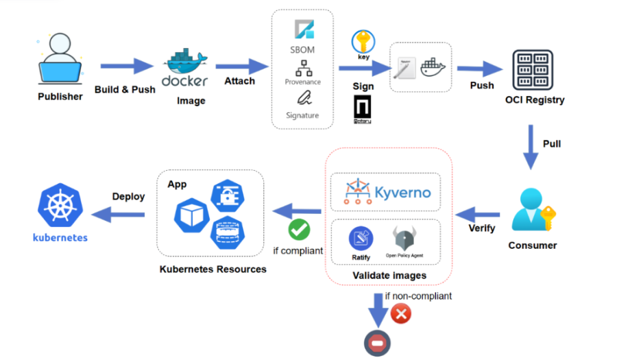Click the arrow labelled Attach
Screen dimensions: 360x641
pyautogui.click(x=242, y=67)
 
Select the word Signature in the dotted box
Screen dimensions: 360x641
pyautogui.click(x=302, y=115)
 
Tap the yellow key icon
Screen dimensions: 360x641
pyautogui.click(x=363, y=43)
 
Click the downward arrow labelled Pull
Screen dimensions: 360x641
pyautogui.click(x=530, y=146)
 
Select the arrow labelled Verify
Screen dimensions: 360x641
pyautogui.click(x=481, y=213)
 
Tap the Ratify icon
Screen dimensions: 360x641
pyautogui.click(x=361, y=239)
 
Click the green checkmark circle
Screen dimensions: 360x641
pyautogui.click(x=299, y=229)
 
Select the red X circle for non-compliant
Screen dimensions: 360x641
pyautogui.click(x=401, y=314)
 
